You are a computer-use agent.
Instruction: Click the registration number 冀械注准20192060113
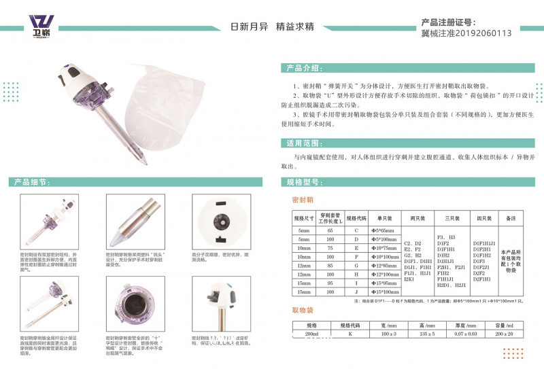466,32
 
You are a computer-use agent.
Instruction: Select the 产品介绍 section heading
303,69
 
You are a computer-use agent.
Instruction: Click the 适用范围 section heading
303,143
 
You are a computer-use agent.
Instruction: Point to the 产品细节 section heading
31,183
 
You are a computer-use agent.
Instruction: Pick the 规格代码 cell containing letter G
357,265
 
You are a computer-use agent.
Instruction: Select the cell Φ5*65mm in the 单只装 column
386,232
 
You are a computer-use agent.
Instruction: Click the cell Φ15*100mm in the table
386,291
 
